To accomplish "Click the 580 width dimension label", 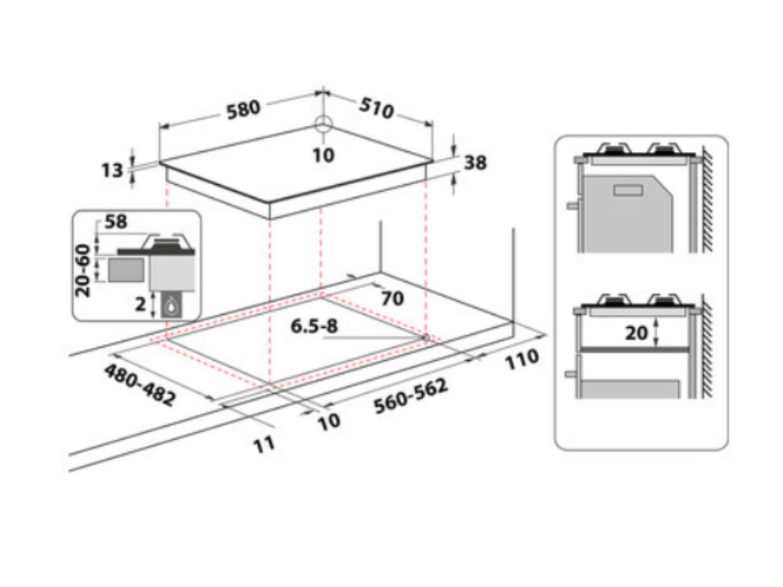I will pos(243,108).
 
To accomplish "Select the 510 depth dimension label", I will pos(376,109).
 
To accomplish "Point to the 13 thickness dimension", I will pos(112,170).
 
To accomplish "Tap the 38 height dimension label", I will pos(475,163).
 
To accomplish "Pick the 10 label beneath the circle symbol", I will pos(323,155).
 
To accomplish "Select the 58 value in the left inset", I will pos(116,222).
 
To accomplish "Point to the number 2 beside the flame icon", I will pos(140,303).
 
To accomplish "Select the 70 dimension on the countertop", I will pos(391,298).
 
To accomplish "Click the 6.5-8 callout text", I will pos(314,326).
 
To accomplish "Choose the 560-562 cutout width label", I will pos(411,397).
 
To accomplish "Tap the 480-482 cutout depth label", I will pos(140,385).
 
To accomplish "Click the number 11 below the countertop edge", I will pos(264,444).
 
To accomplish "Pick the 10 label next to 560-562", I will pos(329,421).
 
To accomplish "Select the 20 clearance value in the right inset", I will pos(636,332).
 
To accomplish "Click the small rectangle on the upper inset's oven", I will pos(629,190).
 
